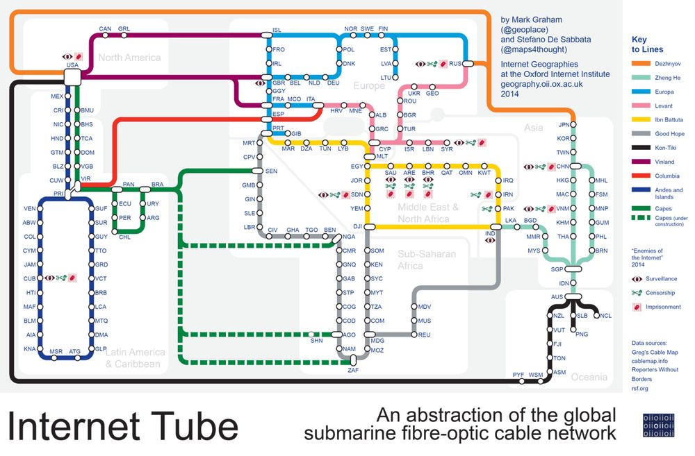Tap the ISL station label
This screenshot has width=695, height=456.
click(277, 30)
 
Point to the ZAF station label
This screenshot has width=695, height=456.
click(352, 371)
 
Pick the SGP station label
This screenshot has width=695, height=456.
click(557, 269)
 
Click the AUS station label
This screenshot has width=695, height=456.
click(556, 297)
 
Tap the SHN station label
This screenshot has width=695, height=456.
click(317, 341)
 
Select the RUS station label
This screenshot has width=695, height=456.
click(456, 64)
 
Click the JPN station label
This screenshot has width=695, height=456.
click(564, 125)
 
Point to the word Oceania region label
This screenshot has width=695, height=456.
click(589, 377)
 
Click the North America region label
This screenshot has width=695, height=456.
click(129, 58)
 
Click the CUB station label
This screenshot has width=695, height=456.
click(29, 278)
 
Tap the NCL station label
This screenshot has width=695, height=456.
click(606, 316)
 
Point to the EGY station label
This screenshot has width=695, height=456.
click(357, 167)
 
